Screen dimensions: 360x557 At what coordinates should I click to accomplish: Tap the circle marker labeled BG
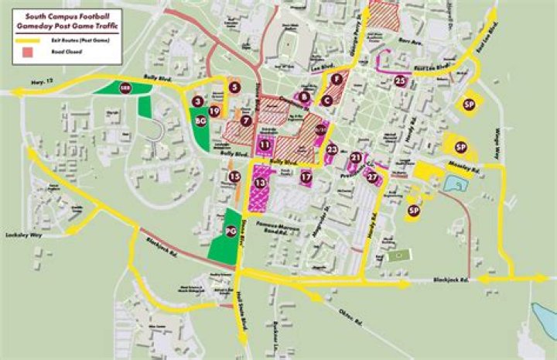[x=200, y=121]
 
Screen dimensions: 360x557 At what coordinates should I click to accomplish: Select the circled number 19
[x=215, y=111]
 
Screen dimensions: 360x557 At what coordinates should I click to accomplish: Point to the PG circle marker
[x=230, y=231]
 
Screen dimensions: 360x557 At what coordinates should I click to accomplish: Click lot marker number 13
[x=261, y=183]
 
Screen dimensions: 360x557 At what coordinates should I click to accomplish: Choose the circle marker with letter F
[x=336, y=80]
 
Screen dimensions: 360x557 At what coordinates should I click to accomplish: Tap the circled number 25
[x=401, y=80]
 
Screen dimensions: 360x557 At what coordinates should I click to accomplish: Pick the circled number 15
[x=235, y=177]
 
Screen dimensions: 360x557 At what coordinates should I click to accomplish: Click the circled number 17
[x=306, y=177]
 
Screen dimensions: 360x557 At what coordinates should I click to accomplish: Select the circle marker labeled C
[x=327, y=101]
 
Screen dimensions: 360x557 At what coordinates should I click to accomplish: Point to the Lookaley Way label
[x=21, y=232]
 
